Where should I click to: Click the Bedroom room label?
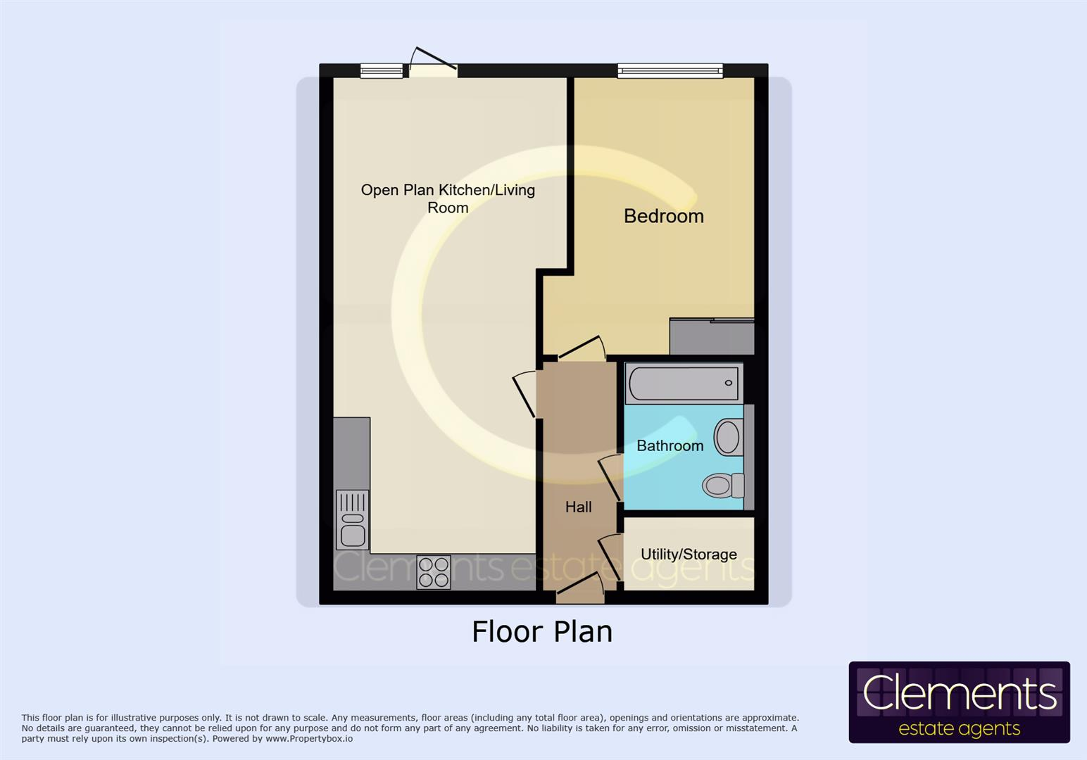click(663, 216)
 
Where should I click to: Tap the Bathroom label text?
click(670, 445)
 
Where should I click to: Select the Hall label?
click(578, 507)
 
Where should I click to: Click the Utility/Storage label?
click(689, 555)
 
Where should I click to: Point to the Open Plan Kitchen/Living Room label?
click(448, 198)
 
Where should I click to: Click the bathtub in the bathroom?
click(683, 384)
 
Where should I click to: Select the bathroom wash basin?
click(728, 437)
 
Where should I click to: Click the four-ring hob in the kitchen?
click(433, 571)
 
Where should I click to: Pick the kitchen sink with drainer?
click(353, 520)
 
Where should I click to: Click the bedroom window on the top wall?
click(670, 70)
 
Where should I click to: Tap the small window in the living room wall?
click(381, 70)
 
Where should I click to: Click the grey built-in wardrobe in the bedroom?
click(711, 336)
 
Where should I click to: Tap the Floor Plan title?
click(541, 632)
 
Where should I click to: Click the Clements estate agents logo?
click(959, 702)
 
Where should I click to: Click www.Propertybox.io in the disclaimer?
click(309, 739)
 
